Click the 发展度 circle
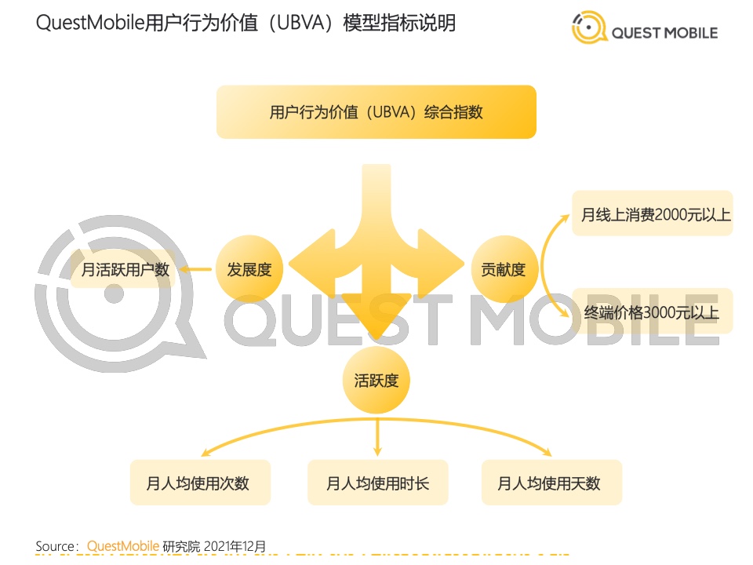click(x=249, y=269)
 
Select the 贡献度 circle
click(x=504, y=269)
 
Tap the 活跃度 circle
click(x=376, y=380)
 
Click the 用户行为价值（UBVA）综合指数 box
click(x=376, y=112)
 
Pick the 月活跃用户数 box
click(x=123, y=269)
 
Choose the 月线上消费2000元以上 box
click(x=653, y=213)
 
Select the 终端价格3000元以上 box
click(x=653, y=312)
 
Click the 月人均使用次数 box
click(x=200, y=483)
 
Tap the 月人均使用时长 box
click(x=378, y=483)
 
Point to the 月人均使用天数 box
click(x=551, y=483)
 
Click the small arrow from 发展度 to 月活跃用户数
click(x=195, y=269)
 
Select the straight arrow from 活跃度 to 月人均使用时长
click(x=377, y=437)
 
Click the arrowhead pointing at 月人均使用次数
click(x=206, y=452)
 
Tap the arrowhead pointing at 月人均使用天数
click(x=547, y=452)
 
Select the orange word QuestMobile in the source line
click(x=123, y=546)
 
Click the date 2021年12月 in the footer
click(x=235, y=546)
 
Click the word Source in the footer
click(x=55, y=546)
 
